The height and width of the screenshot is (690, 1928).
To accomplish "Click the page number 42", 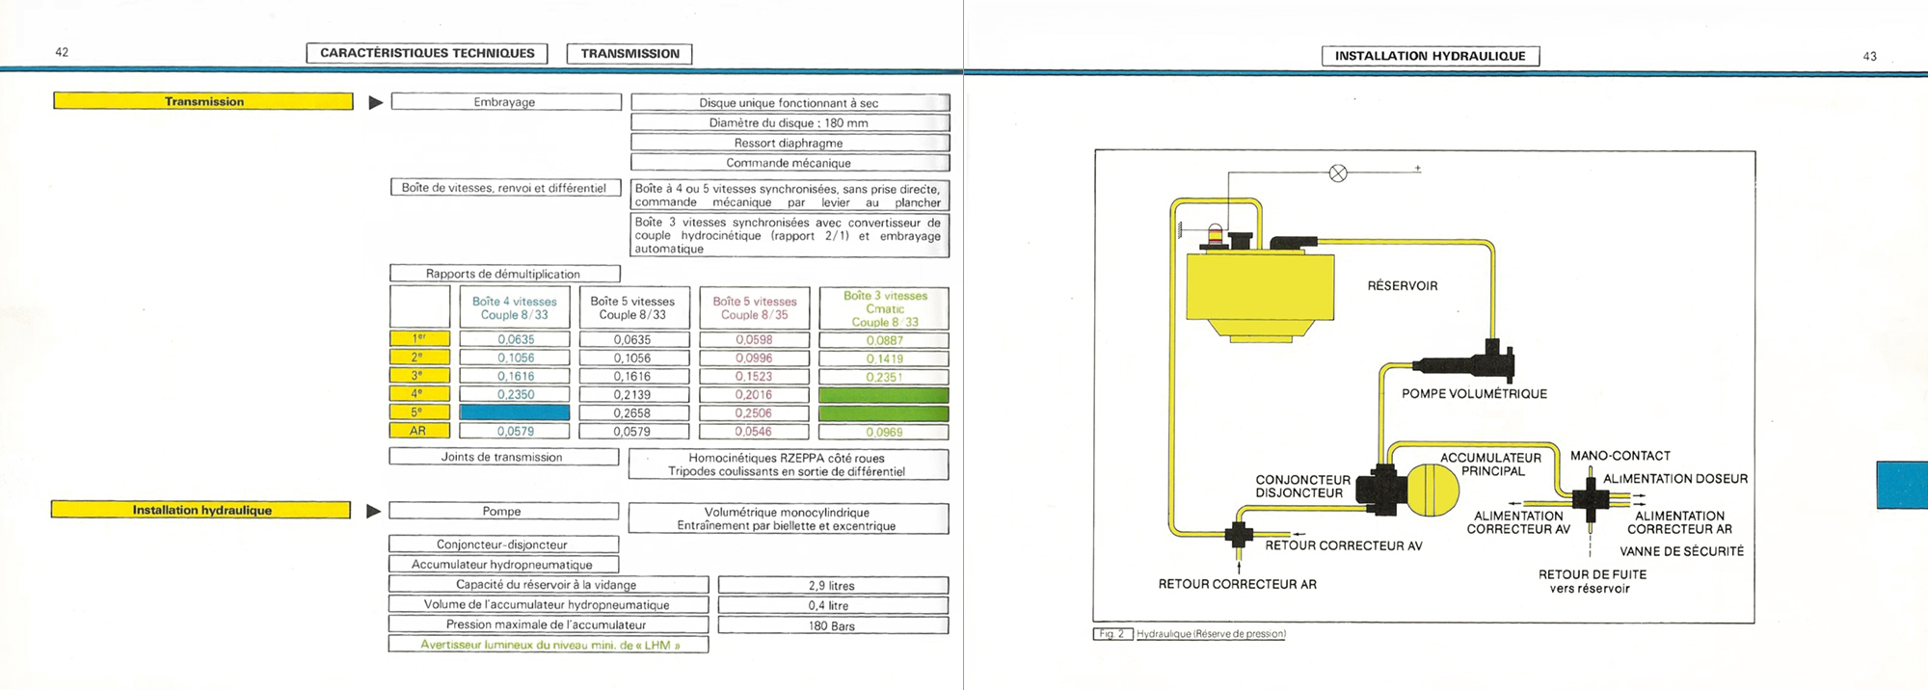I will click(62, 52).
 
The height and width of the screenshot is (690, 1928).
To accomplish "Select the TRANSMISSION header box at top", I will click(629, 54).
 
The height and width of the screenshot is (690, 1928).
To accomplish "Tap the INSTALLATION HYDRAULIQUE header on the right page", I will click(1430, 56).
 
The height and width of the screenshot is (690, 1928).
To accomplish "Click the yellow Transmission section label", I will click(203, 101).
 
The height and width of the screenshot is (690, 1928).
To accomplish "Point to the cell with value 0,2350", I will click(515, 395).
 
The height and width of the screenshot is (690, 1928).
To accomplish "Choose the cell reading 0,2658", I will click(632, 413).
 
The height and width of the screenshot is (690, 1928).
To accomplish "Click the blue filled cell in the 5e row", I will click(515, 413).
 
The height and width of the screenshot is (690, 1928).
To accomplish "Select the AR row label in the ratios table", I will click(418, 431).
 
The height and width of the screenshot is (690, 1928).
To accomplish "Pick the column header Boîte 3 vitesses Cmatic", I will click(884, 308).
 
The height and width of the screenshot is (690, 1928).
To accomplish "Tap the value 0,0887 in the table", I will click(884, 340).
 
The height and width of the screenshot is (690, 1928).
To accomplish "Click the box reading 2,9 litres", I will click(832, 586).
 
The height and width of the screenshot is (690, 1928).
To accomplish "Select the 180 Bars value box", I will click(832, 626).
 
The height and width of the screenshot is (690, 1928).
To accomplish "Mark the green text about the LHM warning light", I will click(549, 645).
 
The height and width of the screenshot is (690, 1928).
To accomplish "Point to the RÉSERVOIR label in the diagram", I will click(1402, 286).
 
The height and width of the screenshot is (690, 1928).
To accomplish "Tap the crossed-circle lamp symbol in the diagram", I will click(1338, 173).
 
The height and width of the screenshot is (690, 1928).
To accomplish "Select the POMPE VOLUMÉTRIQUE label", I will click(1474, 394).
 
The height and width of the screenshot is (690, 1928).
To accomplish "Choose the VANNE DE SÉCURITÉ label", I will click(1681, 552).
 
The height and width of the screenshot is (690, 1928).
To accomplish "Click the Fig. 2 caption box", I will click(1112, 634).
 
